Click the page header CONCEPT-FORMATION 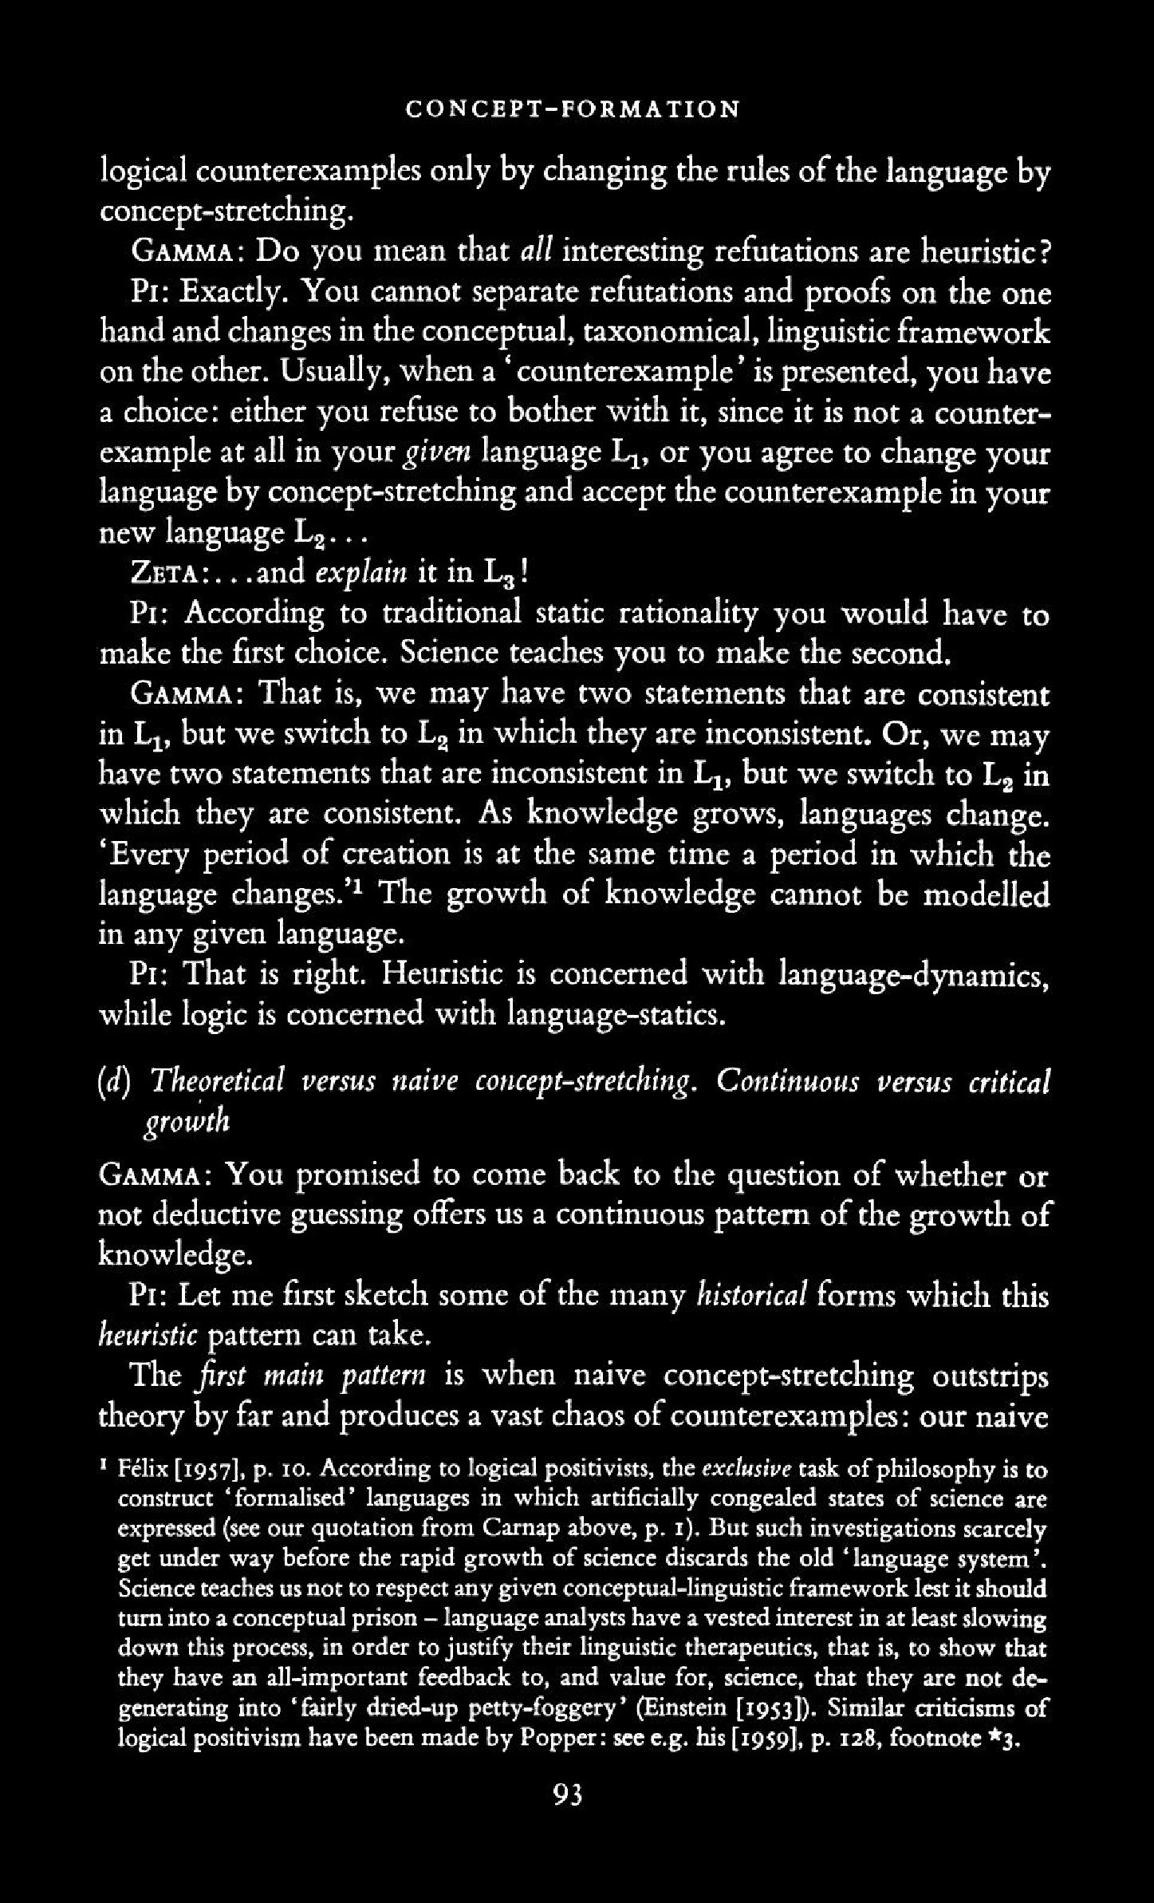[x=573, y=109]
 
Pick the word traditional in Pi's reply [x=452, y=614]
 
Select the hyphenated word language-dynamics [x=913, y=975]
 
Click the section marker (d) [x=113, y=1083]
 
